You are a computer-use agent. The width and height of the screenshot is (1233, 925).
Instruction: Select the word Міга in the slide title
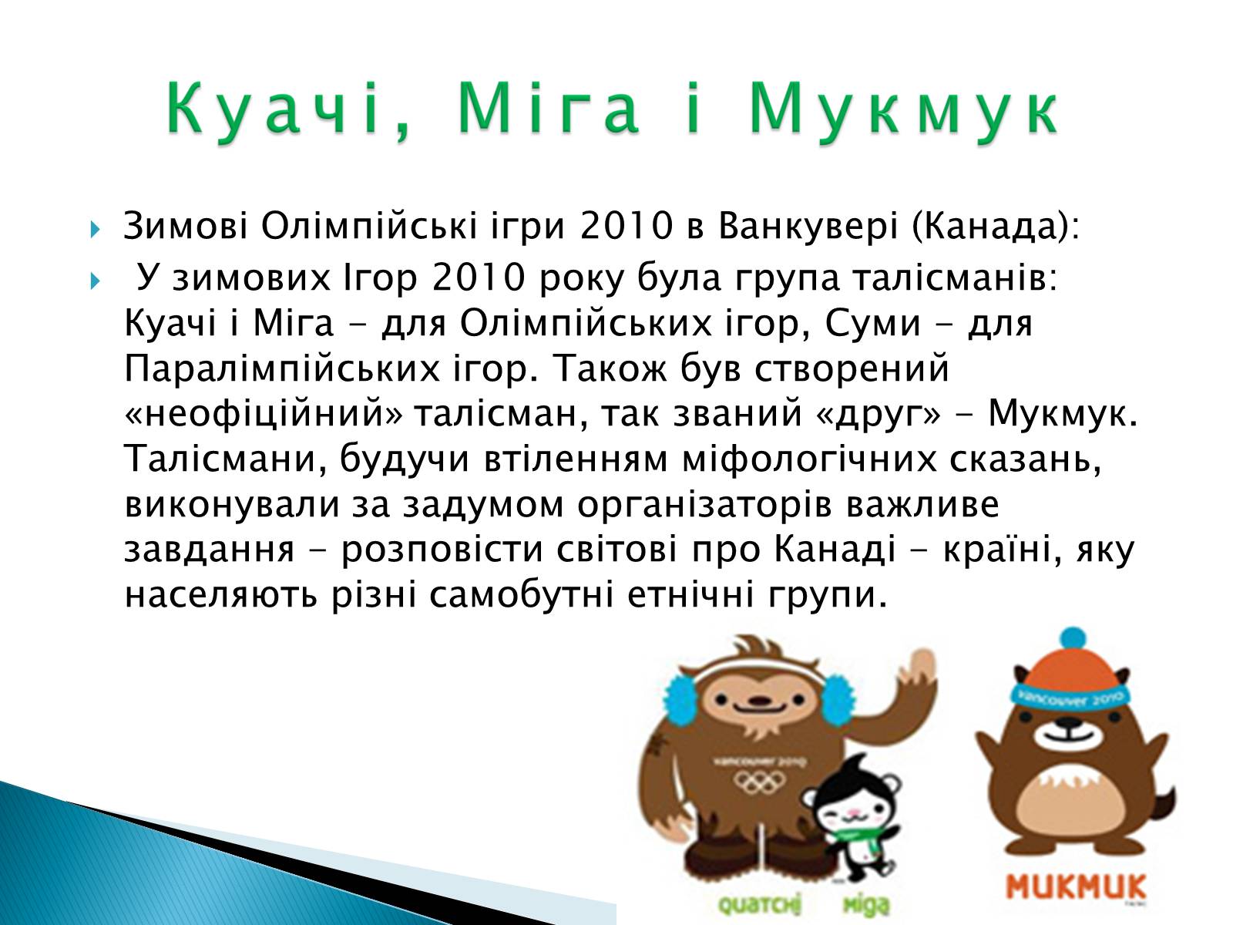[x=549, y=109]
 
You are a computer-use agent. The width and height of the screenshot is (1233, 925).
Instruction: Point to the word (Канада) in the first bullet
[x=996, y=227]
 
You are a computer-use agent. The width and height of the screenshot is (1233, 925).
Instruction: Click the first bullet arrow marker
[x=95, y=230]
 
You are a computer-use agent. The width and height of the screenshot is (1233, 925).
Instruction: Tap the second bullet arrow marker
[x=95, y=281]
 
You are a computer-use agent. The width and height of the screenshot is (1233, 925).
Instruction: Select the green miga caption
[x=867, y=905]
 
